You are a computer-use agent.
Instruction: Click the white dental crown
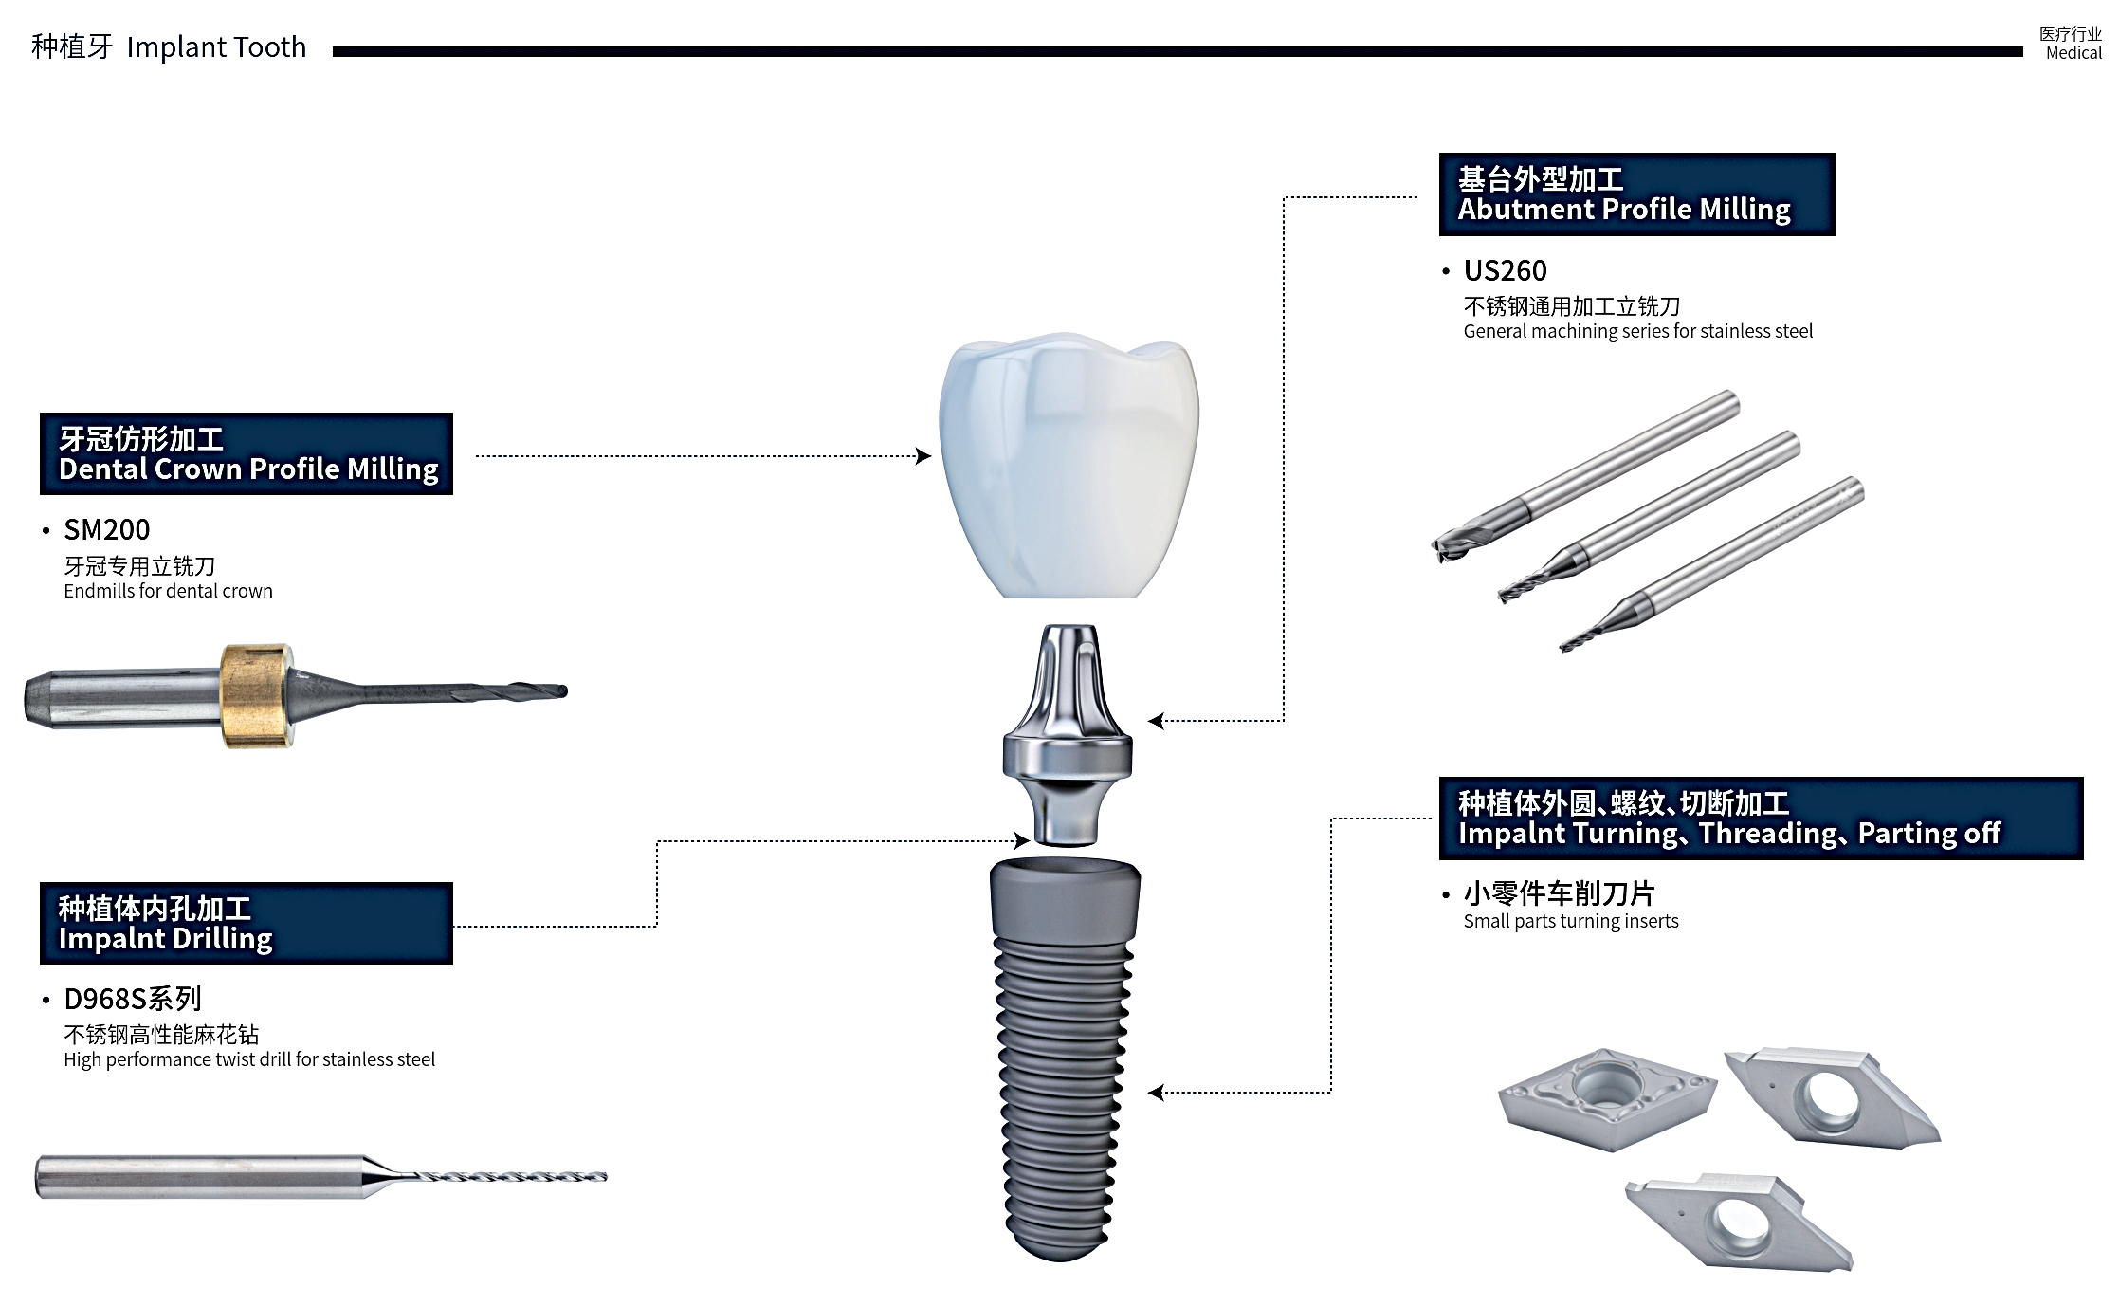(x=1069, y=465)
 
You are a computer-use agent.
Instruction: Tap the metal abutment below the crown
(x=1068, y=735)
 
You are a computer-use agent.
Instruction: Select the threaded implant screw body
(x=1064, y=1058)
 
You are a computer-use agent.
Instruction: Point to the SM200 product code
(x=106, y=529)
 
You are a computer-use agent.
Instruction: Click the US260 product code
(x=1505, y=271)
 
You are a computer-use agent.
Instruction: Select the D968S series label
(x=133, y=999)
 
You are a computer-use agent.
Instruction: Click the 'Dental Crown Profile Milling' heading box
(x=247, y=454)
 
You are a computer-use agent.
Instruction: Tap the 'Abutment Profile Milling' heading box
(x=1636, y=194)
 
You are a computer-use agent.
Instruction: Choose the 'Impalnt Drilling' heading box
(x=247, y=924)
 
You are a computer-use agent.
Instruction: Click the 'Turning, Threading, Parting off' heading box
(x=1761, y=819)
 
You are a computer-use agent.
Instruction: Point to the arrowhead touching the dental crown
(x=923, y=456)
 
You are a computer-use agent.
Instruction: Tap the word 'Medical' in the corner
(x=2073, y=53)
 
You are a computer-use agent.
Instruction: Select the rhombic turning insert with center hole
(x=1607, y=1098)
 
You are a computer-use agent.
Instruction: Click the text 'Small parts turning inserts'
(x=1570, y=921)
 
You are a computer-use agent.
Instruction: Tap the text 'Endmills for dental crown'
(x=168, y=591)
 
